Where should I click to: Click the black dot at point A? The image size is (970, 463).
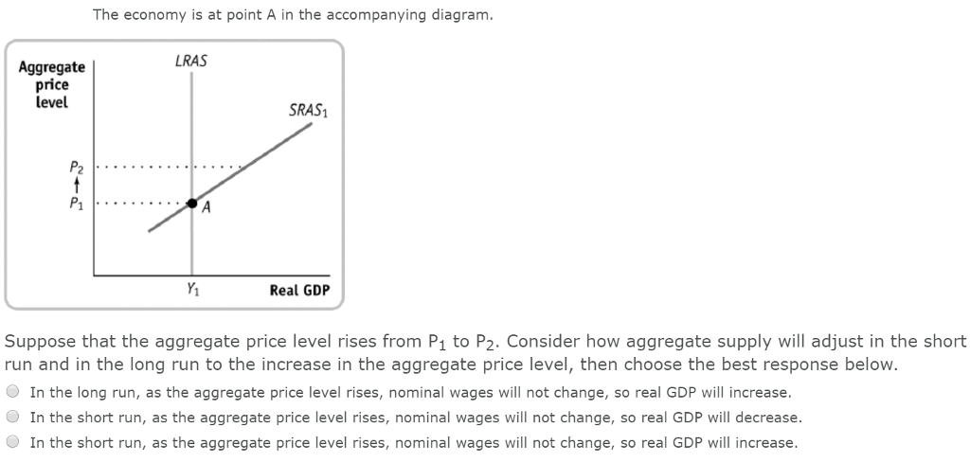click(192, 203)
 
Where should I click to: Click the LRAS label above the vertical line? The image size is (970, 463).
click(191, 62)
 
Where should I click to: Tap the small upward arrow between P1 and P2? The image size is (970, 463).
click(77, 185)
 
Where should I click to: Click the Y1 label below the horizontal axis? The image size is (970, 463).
click(192, 289)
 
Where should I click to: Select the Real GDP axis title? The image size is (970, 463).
click(299, 290)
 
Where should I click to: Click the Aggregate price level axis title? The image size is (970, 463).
click(51, 84)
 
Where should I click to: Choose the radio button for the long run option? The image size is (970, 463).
click(13, 392)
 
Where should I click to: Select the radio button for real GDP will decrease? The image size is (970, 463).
click(13, 417)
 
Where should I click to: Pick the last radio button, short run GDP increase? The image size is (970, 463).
click(13, 442)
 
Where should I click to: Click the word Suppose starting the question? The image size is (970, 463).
click(39, 341)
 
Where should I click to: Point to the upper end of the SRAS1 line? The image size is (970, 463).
click(310, 125)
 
